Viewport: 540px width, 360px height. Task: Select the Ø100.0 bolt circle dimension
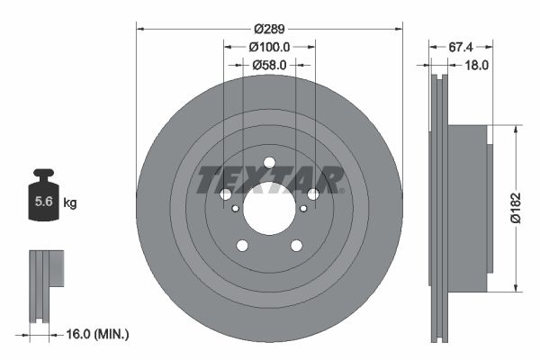pyautogui.click(x=269, y=46)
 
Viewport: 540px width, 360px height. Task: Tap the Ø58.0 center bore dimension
pyautogui.click(x=269, y=65)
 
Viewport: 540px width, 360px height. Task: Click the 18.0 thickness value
pyautogui.click(x=476, y=65)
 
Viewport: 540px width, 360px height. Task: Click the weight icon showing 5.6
pyautogui.click(x=43, y=200)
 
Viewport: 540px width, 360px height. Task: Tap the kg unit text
pyautogui.click(x=70, y=203)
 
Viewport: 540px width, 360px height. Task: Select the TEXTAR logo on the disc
pyautogui.click(x=269, y=179)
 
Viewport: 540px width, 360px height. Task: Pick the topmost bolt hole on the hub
pyautogui.click(x=269, y=162)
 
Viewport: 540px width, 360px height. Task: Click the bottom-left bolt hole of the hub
pyautogui.click(x=242, y=246)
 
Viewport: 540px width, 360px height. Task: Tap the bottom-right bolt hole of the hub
pyautogui.click(x=296, y=246)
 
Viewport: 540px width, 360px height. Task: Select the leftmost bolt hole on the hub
pyautogui.click(x=226, y=194)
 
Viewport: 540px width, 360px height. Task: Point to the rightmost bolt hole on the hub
pyautogui.click(x=313, y=194)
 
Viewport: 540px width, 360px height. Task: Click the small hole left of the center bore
pyautogui.click(x=236, y=209)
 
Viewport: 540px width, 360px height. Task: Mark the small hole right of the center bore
pyautogui.click(x=303, y=209)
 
